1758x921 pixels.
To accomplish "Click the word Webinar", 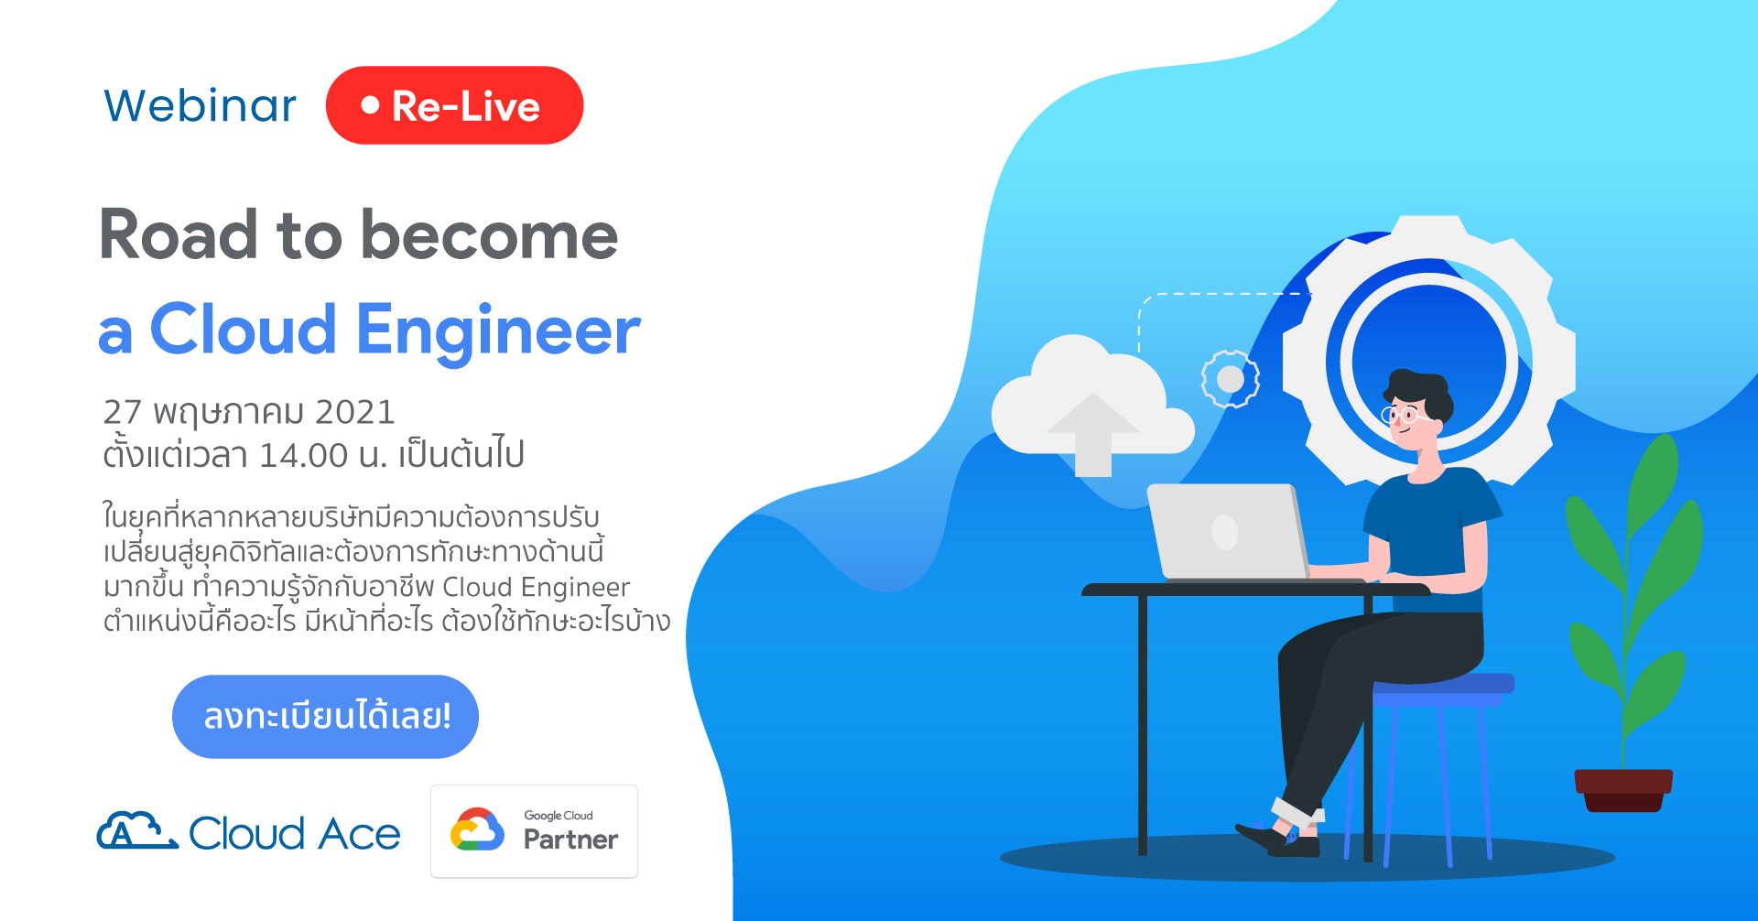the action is (200, 105).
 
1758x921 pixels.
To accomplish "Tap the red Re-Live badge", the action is (454, 105).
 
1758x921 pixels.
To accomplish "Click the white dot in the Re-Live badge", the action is (370, 105).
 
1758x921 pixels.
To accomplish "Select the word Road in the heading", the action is (179, 235).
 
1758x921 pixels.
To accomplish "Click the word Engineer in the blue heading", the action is (498, 331).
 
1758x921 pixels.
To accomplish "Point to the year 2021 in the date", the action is (354, 412).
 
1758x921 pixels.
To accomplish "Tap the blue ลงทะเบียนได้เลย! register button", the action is (325, 716).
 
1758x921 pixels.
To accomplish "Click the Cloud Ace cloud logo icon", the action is (137, 830).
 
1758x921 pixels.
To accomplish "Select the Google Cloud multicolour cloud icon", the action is (477, 829).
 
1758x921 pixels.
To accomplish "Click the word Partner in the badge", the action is (570, 839).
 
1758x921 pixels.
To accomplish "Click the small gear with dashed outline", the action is (1230, 379).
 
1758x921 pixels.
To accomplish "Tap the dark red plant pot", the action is (1623, 790).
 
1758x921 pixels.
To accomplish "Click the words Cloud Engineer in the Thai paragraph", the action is (536, 587).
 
